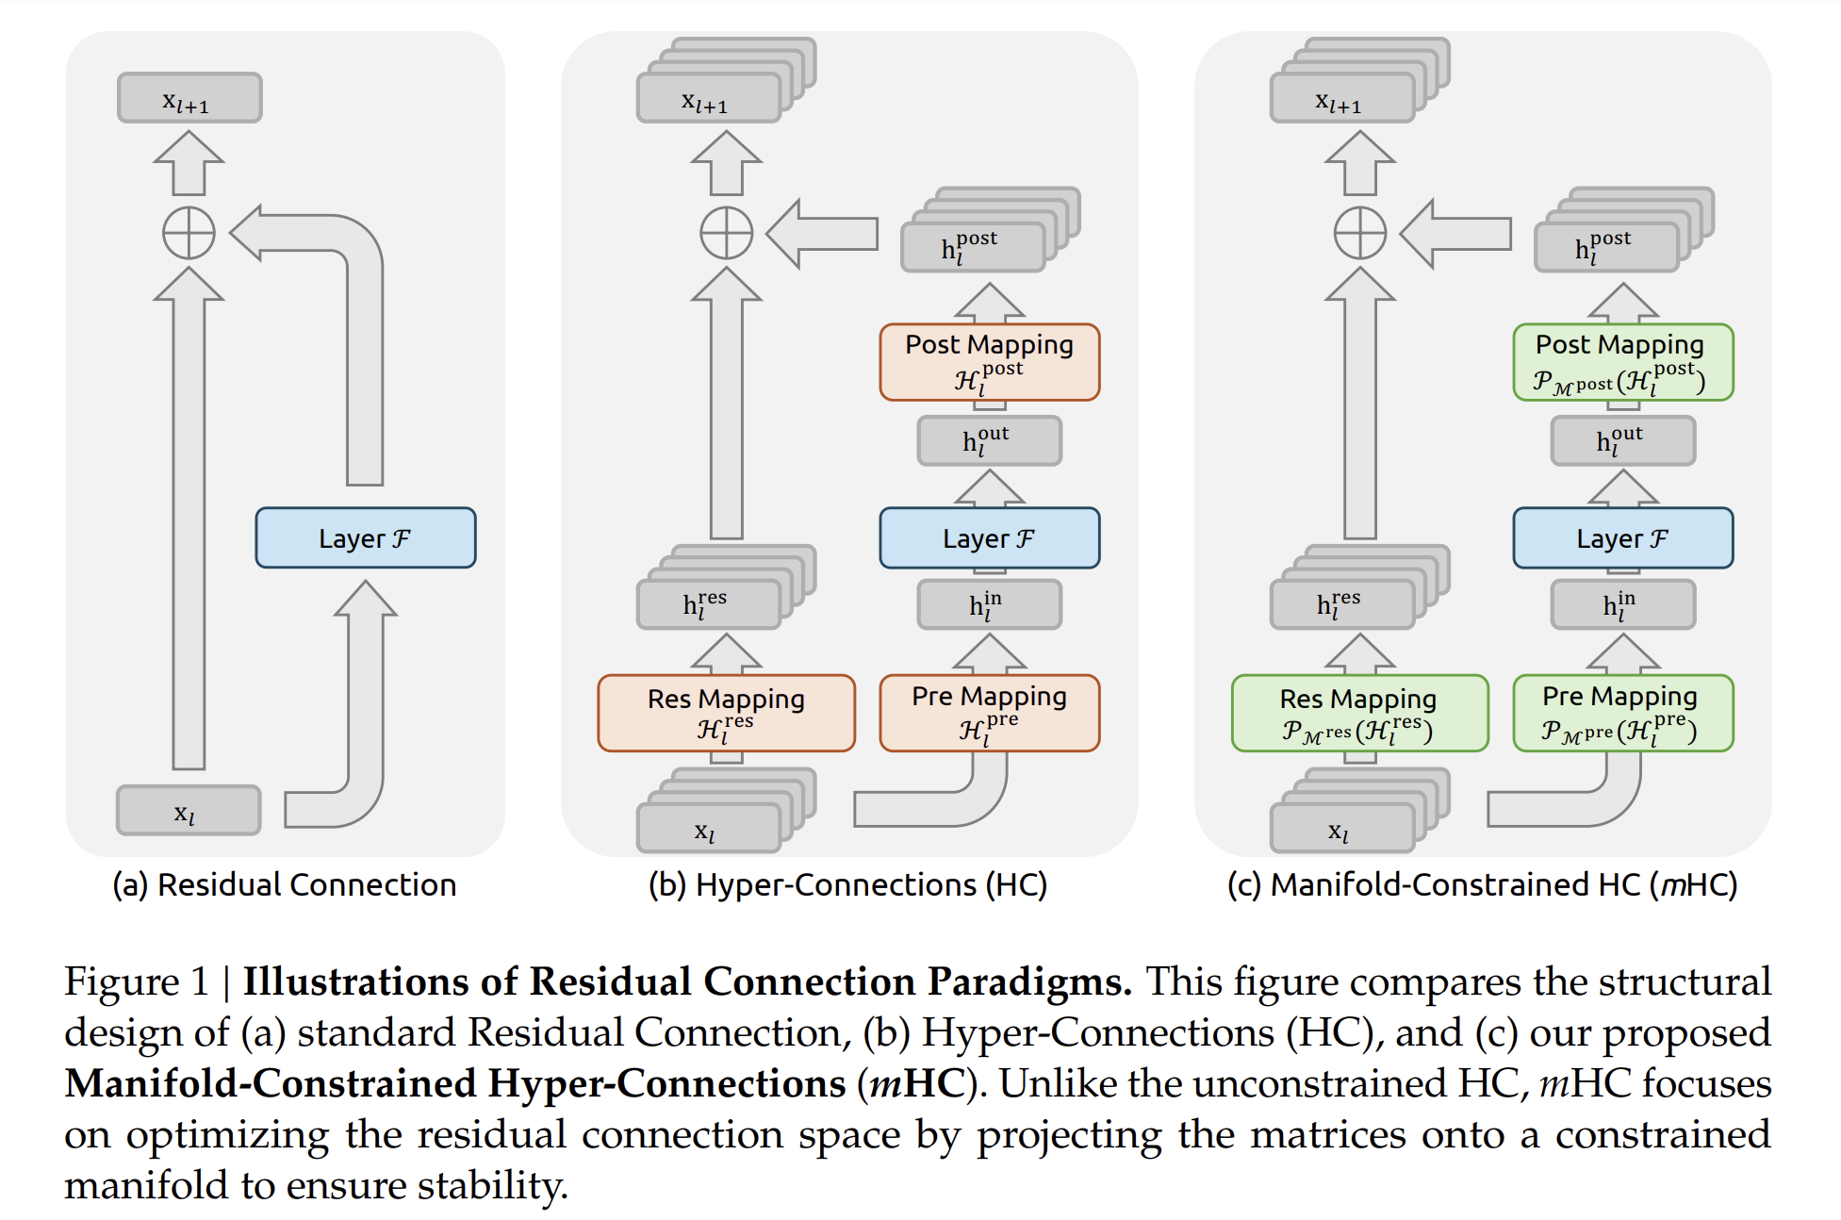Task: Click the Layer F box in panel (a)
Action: point(365,537)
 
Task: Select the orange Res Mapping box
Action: point(726,713)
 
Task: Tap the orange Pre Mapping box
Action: point(989,713)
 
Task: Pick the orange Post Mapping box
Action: point(989,362)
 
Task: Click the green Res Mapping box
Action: point(1358,713)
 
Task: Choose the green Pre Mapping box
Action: point(1622,713)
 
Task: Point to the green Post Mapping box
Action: point(1622,362)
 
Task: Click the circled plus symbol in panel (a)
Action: point(189,233)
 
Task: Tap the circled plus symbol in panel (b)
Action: point(726,233)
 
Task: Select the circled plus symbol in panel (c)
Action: point(1359,233)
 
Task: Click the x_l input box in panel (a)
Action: point(189,810)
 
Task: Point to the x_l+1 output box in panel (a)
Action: point(189,98)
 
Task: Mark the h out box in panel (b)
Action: point(989,440)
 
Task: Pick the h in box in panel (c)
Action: point(1622,604)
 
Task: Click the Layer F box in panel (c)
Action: point(1622,537)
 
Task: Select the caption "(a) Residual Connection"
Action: point(284,884)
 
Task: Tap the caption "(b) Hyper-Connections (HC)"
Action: point(847,884)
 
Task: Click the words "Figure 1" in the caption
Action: point(136,981)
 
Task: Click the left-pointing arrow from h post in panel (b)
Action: point(823,233)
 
